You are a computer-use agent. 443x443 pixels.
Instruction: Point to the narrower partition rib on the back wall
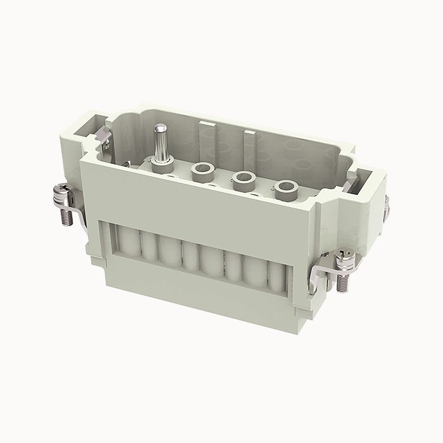click(x=248, y=142)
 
